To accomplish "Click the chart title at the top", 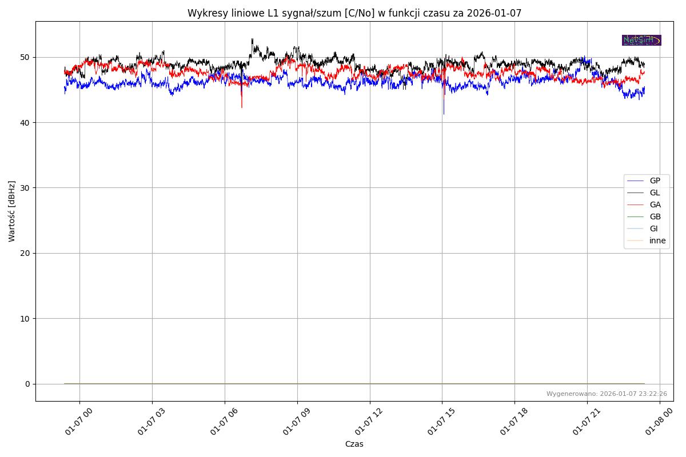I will point(354,13).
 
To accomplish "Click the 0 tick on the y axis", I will point(27,384).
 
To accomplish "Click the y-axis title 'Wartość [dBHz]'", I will point(12,211).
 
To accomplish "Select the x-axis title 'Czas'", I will point(354,444).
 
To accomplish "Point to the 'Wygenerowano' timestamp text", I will point(607,394).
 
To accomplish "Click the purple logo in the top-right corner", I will point(641,40).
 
